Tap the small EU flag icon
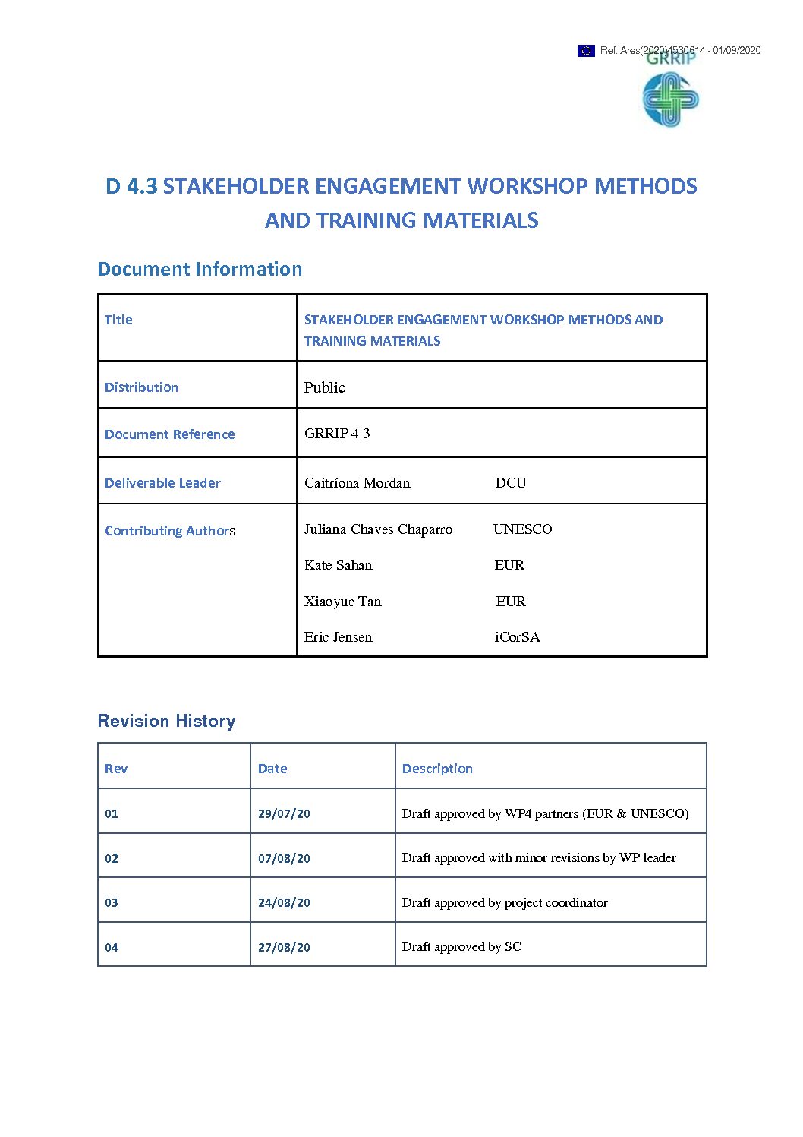[x=586, y=51]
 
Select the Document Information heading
[x=200, y=269]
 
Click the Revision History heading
[x=166, y=721]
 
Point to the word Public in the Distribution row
[x=324, y=387]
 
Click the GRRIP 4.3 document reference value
[x=337, y=434]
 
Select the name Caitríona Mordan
[x=357, y=483]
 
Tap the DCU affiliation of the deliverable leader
[x=510, y=483]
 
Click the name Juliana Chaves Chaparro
[x=378, y=529]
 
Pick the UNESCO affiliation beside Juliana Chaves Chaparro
[x=522, y=529]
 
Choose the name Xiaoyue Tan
[x=342, y=602]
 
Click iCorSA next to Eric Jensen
[x=517, y=637]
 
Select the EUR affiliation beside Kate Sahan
[x=509, y=565]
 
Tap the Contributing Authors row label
[x=170, y=531]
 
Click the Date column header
[x=272, y=769]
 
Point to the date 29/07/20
[x=284, y=814]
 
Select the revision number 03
[x=112, y=903]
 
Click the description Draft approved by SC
[x=461, y=947]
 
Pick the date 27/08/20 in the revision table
[x=284, y=948]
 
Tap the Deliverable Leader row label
[x=162, y=483]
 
